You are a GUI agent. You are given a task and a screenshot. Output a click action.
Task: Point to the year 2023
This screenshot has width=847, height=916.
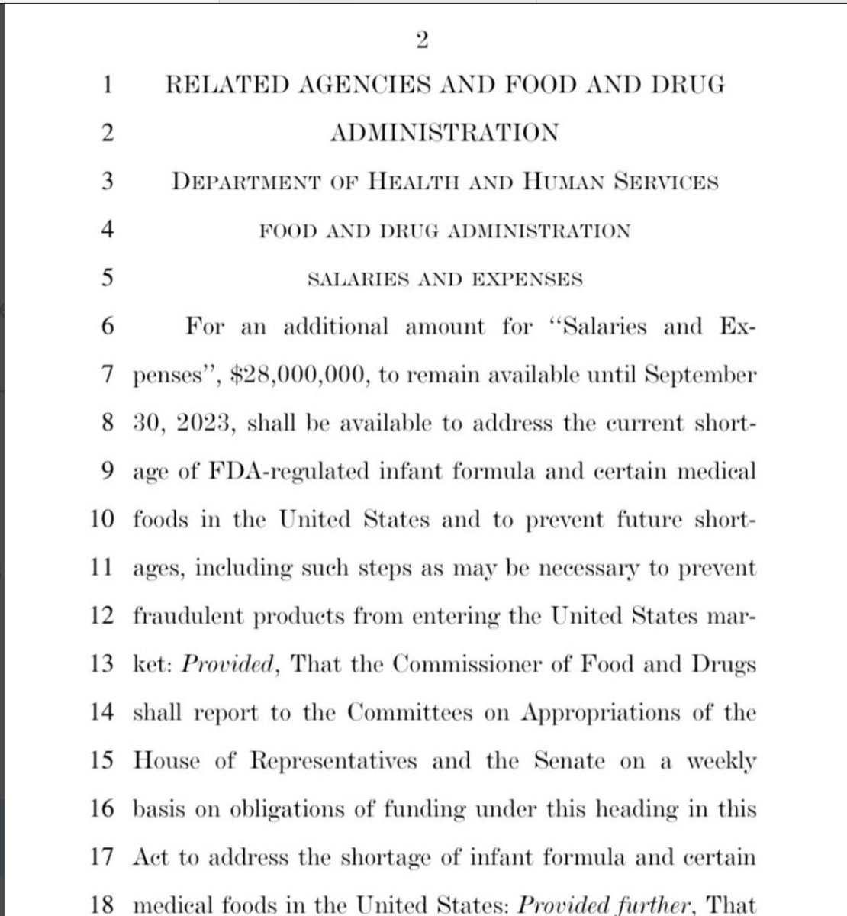click(x=206, y=424)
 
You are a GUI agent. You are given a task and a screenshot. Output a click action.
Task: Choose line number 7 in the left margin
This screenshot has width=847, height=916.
click(x=108, y=376)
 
